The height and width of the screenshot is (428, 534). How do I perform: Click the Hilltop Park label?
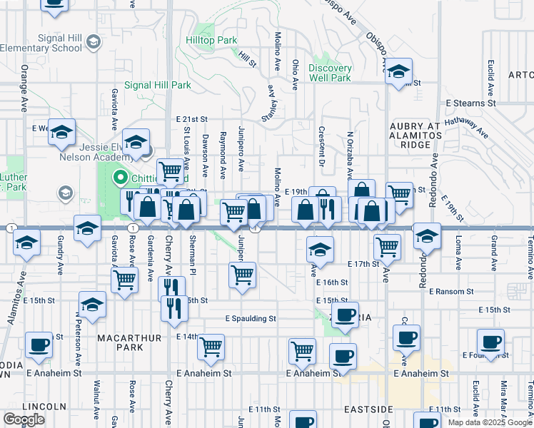212,41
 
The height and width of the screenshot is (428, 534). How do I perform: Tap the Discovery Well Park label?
330,73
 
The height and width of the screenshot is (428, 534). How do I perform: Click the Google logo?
24,419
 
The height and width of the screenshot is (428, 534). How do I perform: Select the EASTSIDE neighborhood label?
368,409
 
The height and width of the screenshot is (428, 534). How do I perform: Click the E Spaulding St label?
250,318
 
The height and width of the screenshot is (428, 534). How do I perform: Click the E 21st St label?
191,119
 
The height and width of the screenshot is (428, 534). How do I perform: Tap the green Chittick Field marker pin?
120,178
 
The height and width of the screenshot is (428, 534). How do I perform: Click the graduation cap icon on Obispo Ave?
398,71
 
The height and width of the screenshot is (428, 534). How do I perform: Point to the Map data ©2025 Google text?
489,422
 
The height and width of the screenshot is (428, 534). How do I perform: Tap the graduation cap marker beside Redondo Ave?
427,236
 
